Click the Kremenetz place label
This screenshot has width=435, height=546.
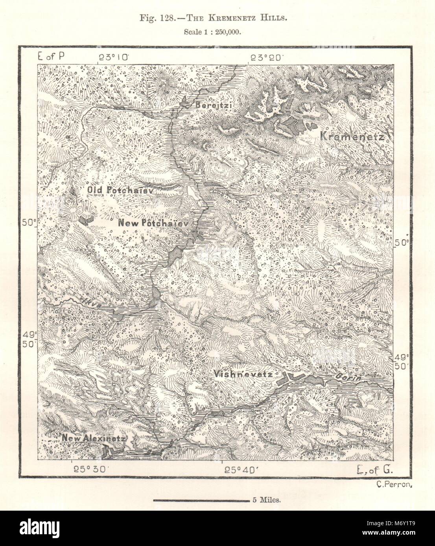(x=354, y=137)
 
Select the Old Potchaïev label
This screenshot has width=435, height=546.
(x=120, y=190)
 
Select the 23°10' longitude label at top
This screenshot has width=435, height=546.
(x=114, y=57)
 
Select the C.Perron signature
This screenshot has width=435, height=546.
(x=393, y=484)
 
